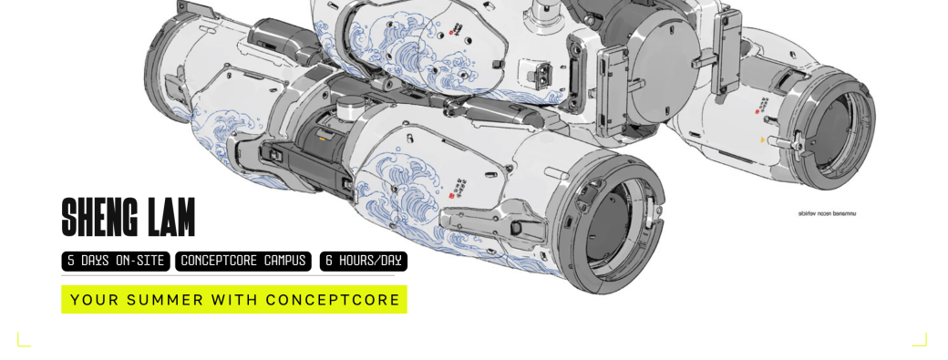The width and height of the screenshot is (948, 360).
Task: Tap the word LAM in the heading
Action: tap(170, 217)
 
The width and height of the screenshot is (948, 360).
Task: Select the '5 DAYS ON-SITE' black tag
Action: tap(116, 262)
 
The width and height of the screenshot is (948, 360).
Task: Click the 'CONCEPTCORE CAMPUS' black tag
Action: tap(243, 262)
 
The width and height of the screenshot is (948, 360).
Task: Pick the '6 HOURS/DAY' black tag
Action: tap(363, 262)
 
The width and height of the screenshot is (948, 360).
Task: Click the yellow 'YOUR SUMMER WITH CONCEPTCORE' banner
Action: tap(234, 300)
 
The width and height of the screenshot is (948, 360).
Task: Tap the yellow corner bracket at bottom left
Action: tap(23, 340)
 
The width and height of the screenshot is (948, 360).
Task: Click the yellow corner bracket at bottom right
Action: tap(920, 340)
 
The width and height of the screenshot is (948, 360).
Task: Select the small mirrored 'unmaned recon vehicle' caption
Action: tap(827, 213)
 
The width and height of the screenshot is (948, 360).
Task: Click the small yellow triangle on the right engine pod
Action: tap(763, 140)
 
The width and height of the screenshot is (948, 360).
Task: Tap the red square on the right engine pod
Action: tap(756, 111)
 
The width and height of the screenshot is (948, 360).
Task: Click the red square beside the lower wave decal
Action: tap(450, 192)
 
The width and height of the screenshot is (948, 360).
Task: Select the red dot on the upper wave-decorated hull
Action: tap(450, 33)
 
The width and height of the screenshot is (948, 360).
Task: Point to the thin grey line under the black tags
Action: tap(228, 275)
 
